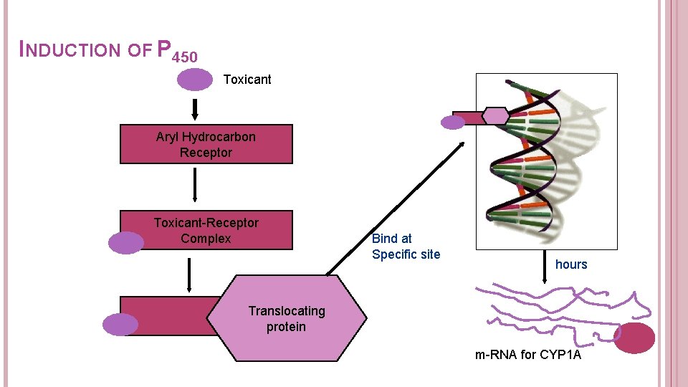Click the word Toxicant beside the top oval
pyautogui.click(x=247, y=80)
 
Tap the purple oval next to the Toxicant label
pyautogui.click(x=195, y=80)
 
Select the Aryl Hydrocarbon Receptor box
pyautogui.click(x=206, y=144)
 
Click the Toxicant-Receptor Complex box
pyautogui.click(x=206, y=230)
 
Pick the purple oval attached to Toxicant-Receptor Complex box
pyautogui.click(x=126, y=243)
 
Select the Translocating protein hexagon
pyautogui.click(x=287, y=318)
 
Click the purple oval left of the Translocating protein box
pyautogui.click(x=120, y=325)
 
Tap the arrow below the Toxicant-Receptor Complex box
pyautogui.click(x=189, y=274)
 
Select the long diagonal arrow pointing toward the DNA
pyautogui.click(x=395, y=209)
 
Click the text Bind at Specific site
pyautogui.click(x=406, y=247)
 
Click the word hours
pyautogui.click(x=571, y=264)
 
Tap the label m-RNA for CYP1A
pyautogui.click(x=528, y=354)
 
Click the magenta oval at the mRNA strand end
pyautogui.click(x=635, y=338)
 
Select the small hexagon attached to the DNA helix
pyautogui.click(x=495, y=116)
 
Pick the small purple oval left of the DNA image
pyautogui.click(x=453, y=123)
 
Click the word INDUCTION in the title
pyautogui.click(x=71, y=50)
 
